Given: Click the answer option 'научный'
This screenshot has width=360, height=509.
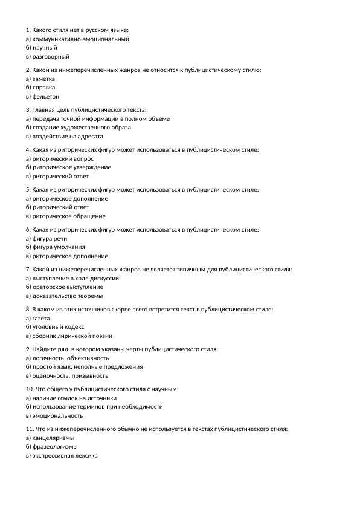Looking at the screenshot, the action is tap(45, 47).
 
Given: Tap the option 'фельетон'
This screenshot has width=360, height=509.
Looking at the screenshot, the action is tap(46, 96).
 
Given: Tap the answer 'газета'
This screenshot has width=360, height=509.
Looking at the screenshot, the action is tap(41, 318).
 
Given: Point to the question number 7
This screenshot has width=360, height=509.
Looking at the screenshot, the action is tap(28, 269).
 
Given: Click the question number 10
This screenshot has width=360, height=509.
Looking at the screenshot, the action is tap(30, 389).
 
